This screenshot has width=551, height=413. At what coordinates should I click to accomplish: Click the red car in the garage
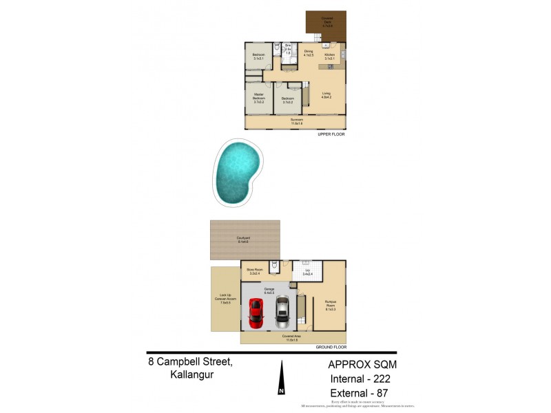pyautogui.click(x=256, y=313)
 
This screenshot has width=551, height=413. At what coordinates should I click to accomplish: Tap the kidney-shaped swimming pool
pyautogui.click(x=238, y=171)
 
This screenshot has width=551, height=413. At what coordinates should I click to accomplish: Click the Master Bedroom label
pyautogui.click(x=259, y=98)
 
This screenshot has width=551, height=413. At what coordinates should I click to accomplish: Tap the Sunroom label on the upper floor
pyautogui.click(x=296, y=121)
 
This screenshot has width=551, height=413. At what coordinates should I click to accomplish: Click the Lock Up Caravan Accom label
pyautogui.click(x=225, y=301)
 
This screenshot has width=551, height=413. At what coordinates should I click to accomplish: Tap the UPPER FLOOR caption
pyautogui.click(x=331, y=134)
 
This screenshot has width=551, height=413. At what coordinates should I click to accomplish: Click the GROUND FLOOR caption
pyautogui.click(x=330, y=348)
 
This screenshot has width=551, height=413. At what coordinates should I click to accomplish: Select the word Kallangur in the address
pyautogui.click(x=192, y=375)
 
